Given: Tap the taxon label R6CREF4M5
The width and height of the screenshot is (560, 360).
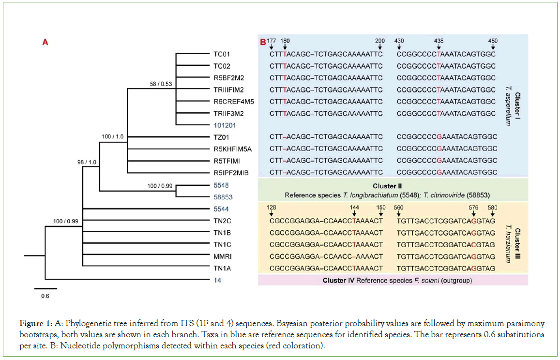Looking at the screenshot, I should [231, 101].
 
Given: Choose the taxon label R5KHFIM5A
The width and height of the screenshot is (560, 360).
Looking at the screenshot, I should [231, 149].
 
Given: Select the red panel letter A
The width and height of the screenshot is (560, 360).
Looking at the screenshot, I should [45, 42].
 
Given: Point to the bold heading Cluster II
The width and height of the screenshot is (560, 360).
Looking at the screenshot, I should [387, 186].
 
